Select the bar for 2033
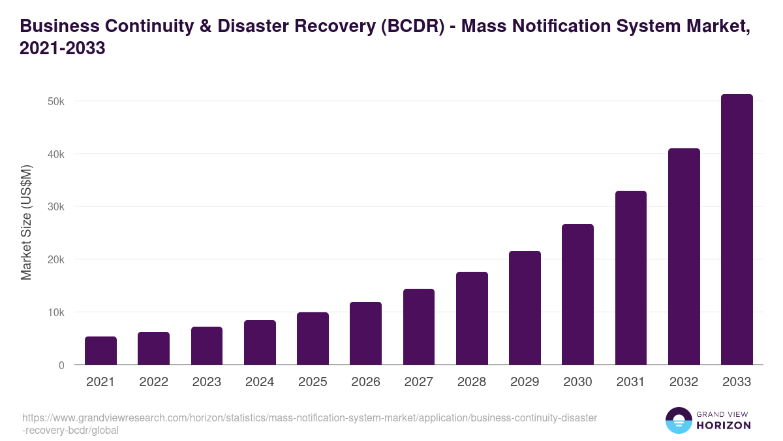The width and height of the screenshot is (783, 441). [x=737, y=229]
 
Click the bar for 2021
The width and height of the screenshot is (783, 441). [x=100, y=351]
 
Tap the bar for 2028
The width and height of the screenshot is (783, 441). [x=472, y=318]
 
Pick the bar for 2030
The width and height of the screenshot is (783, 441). [x=577, y=295]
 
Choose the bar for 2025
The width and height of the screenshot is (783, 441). [x=313, y=338]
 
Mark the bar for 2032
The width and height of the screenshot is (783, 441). [x=684, y=257]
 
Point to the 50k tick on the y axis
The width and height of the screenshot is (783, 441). [x=56, y=101]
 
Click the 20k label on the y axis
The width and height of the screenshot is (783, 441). [x=56, y=259]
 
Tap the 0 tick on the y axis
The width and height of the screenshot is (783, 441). [x=61, y=365]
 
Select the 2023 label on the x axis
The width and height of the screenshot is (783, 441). [x=207, y=382]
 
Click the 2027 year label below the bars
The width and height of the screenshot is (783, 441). [x=419, y=382]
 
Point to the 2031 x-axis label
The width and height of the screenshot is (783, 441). [x=631, y=382]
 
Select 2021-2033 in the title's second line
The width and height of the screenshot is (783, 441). [x=63, y=48]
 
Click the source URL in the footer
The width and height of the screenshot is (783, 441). [x=309, y=424]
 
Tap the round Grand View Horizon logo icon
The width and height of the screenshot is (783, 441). [x=679, y=420]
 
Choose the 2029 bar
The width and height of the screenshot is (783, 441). [x=525, y=308]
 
